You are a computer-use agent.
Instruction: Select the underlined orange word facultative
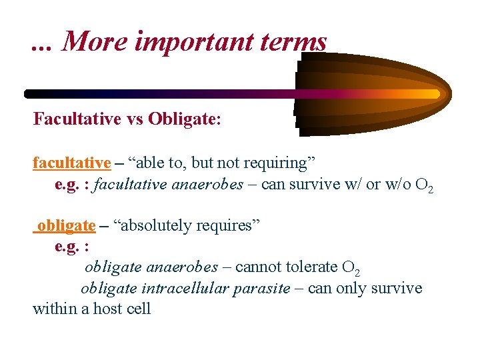click(71, 163)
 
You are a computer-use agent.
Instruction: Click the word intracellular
click(187, 288)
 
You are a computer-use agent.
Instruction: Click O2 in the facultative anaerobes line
click(424, 185)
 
